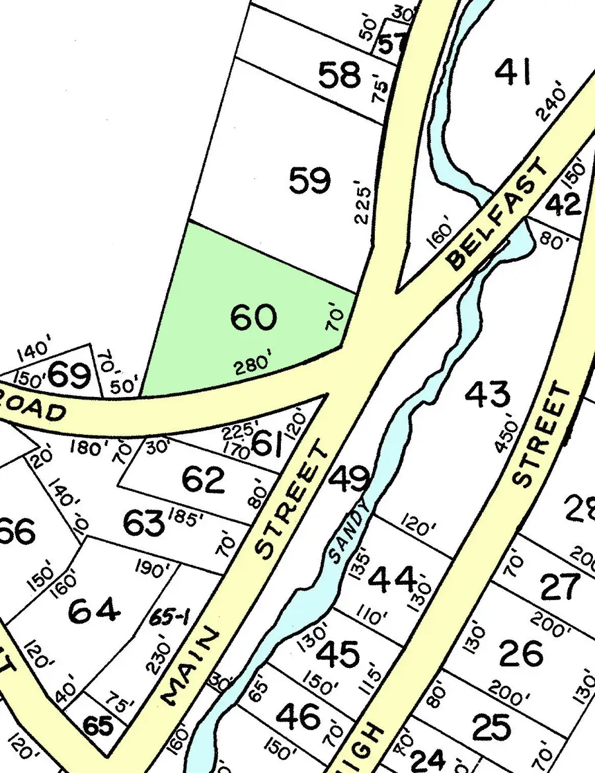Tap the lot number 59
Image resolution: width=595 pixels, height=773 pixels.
(x=309, y=180)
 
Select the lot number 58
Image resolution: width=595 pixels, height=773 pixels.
(x=339, y=76)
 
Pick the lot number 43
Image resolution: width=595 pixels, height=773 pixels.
(x=487, y=395)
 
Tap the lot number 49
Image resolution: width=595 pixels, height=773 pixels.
(x=350, y=478)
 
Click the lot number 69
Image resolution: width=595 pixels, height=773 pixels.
(x=69, y=375)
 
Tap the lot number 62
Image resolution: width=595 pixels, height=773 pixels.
(x=203, y=480)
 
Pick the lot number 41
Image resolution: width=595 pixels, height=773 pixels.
(x=513, y=72)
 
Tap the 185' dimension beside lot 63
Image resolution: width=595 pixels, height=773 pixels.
(x=186, y=519)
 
